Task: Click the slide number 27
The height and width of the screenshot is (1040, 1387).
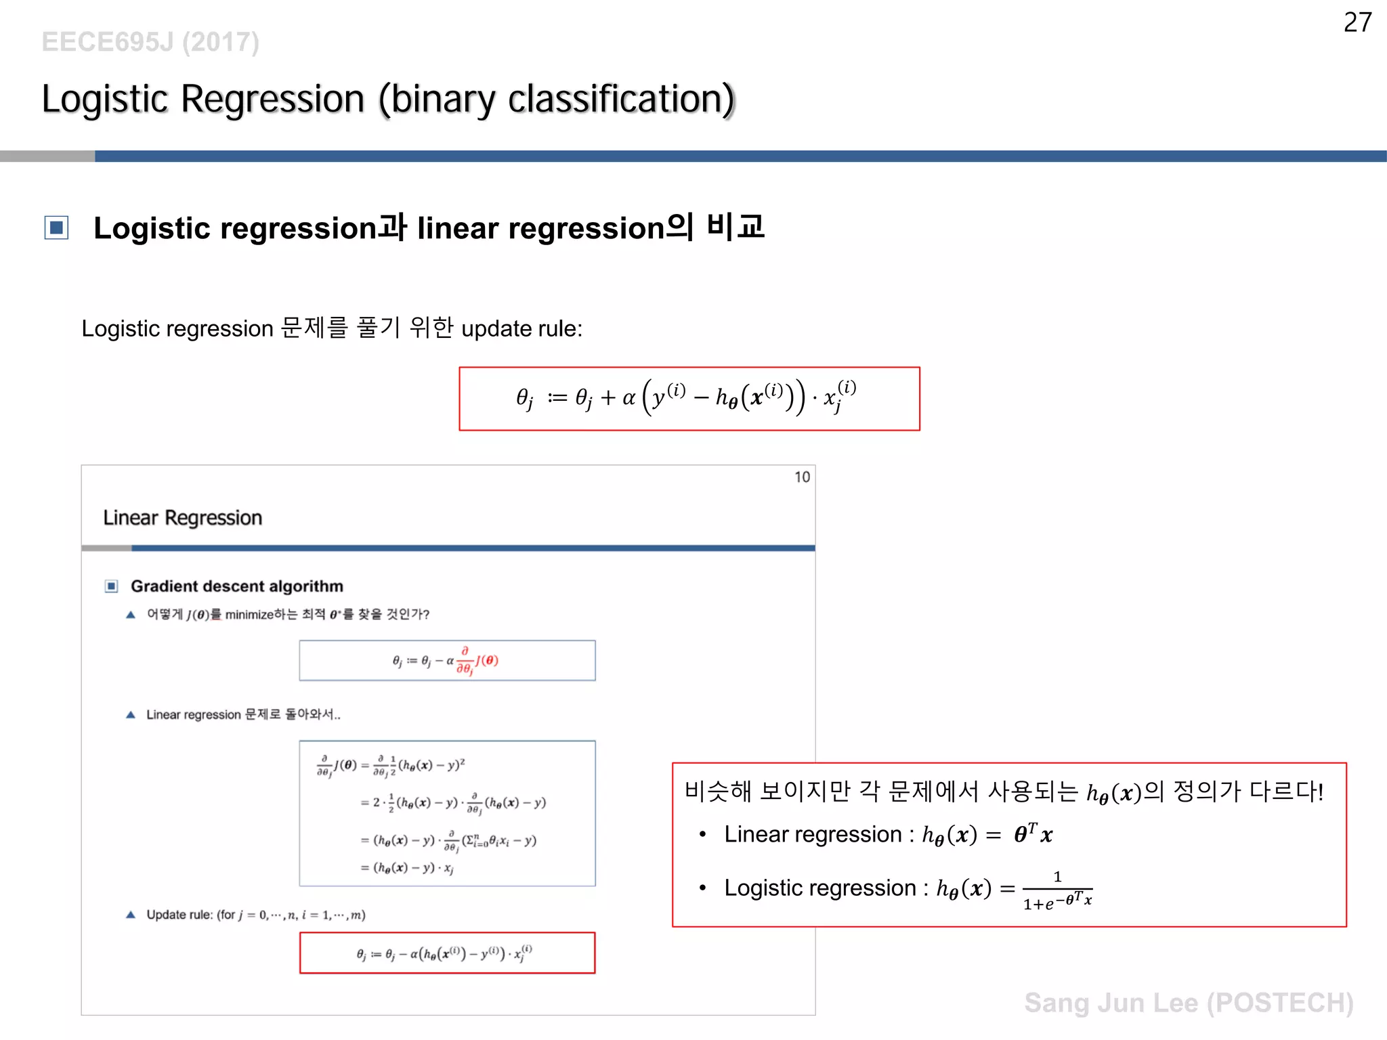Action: [1357, 23]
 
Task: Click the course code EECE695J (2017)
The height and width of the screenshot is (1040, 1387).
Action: [150, 42]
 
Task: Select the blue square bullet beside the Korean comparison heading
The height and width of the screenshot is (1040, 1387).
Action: [56, 227]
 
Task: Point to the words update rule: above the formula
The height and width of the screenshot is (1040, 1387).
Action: [521, 329]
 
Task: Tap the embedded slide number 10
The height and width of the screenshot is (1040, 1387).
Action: [802, 477]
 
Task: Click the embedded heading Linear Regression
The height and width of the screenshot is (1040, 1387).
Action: [182, 518]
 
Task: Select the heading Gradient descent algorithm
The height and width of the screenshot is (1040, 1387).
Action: [237, 586]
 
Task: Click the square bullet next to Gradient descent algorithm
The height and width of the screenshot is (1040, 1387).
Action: [112, 586]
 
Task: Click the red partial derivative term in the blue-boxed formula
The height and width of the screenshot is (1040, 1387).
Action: [477, 661]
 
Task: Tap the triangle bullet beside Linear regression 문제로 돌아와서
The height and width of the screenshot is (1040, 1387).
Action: [131, 715]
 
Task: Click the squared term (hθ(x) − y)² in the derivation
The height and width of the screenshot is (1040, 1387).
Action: [432, 766]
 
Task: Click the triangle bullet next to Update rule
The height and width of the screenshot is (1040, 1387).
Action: [131, 915]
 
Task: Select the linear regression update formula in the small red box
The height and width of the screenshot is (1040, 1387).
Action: [446, 953]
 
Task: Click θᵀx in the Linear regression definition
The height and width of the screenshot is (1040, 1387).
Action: [1033, 834]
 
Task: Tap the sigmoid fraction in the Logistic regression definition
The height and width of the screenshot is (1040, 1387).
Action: [1057, 891]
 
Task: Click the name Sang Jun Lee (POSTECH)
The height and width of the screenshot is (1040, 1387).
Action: [1189, 1003]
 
